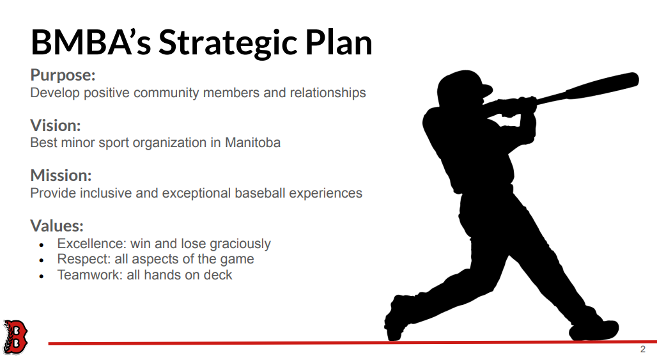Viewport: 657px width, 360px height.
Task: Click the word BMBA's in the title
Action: click(91, 42)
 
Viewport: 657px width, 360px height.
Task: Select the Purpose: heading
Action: click(63, 75)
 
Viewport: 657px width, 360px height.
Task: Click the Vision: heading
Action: click(56, 125)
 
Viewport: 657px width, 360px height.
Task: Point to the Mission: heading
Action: click(61, 175)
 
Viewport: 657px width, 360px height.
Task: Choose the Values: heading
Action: click(57, 226)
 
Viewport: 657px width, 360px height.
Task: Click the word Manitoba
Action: click(252, 143)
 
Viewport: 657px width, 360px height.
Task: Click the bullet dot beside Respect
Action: click(41, 261)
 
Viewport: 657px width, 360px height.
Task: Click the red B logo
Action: click(15, 336)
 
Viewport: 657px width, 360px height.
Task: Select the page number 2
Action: click(643, 349)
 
